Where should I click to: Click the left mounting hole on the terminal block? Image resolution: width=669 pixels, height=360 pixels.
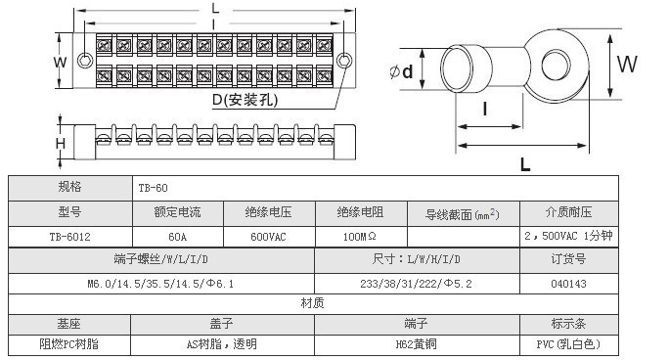click(85, 60)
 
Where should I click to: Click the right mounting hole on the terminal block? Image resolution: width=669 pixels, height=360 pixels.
click(344, 61)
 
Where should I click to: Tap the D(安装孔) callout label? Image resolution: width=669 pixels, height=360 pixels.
click(245, 100)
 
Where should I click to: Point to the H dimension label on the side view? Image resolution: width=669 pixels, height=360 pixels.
click(61, 144)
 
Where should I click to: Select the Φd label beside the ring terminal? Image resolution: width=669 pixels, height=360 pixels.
click(401, 71)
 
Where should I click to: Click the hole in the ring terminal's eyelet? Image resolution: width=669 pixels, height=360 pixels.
click(556, 66)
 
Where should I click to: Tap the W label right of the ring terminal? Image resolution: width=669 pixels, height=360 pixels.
click(626, 65)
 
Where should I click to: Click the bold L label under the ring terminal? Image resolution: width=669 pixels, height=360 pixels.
click(525, 164)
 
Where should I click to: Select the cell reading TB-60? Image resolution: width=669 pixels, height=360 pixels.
click(154, 188)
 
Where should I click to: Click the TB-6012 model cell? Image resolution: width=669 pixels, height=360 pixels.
click(70, 237)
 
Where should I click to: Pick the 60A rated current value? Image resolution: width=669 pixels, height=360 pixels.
click(177, 237)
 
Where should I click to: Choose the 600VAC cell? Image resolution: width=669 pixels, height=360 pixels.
click(268, 237)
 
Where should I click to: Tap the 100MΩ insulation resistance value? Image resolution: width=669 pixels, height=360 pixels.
click(360, 237)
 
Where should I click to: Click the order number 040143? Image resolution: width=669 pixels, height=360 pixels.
click(568, 284)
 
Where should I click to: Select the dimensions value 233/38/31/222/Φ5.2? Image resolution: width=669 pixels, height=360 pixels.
click(416, 284)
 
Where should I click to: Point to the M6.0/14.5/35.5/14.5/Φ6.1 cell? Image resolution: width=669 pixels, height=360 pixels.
click(160, 284)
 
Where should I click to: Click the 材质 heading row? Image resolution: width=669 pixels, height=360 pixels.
click(313, 303)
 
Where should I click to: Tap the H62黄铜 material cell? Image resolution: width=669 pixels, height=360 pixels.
click(417, 344)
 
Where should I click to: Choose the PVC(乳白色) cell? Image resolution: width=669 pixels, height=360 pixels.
click(568, 344)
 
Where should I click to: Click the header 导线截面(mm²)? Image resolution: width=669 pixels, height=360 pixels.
click(463, 213)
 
